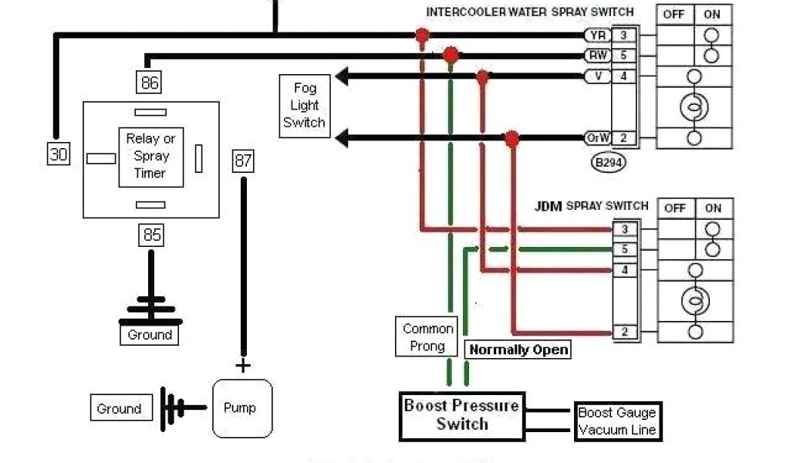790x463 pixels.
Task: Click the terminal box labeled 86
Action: pyautogui.click(x=150, y=82)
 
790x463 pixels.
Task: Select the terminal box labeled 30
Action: pyautogui.click(x=59, y=154)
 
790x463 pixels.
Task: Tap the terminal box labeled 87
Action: pyautogui.click(x=243, y=161)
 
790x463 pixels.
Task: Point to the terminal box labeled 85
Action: pyautogui.click(x=151, y=234)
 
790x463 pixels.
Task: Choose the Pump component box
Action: pyautogui.click(x=242, y=408)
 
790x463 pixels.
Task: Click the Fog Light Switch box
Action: pyautogui.click(x=304, y=106)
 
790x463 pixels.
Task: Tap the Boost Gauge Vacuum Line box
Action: pyautogui.click(x=616, y=421)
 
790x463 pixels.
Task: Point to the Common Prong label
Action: pyautogui.click(x=427, y=337)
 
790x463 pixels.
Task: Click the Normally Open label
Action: pyautogui.click(x=519, y=350)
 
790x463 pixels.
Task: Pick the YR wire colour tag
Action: pyautogui.click(x=597, y=35)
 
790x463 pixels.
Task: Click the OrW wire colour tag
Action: pyautogui.click(x=597, y=139)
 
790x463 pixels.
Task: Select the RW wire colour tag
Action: pyautogui.click(x=597, y=55)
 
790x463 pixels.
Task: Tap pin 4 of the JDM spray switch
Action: pyautogui.click(x=625, y=270)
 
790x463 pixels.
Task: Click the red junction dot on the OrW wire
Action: pyautogui.click(x=511, y=139)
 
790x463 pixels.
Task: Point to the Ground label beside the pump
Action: pyautogui.click(x=119, y=409)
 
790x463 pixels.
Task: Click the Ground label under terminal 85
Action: pyautogui.click(x=150, y=335)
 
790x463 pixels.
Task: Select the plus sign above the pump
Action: pyautogui.click(x=243, y=365)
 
